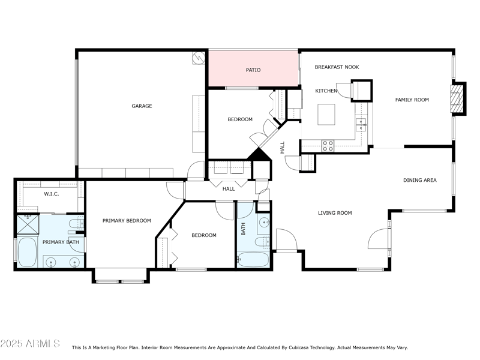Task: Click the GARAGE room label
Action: (142, 106)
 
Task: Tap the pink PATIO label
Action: (253, 70)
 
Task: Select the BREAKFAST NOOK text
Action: (337, 67)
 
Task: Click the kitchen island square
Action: (326, 113)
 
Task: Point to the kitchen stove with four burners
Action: (328, 145)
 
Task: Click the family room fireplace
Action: (458, 97)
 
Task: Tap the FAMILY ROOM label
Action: (412, 100)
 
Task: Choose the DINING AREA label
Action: (419, 180)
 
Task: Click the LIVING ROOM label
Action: (334, 213)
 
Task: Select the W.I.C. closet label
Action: (52, 194)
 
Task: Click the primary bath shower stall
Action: (27, 224)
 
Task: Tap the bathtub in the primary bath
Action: (27, 252)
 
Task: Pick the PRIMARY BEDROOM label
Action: (127, 220)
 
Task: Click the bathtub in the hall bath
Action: (253, 260)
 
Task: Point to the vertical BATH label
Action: (243, 229)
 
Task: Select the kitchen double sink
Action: (362, 124)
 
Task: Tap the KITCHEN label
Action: (326, 91)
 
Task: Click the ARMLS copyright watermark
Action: (30, 344)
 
